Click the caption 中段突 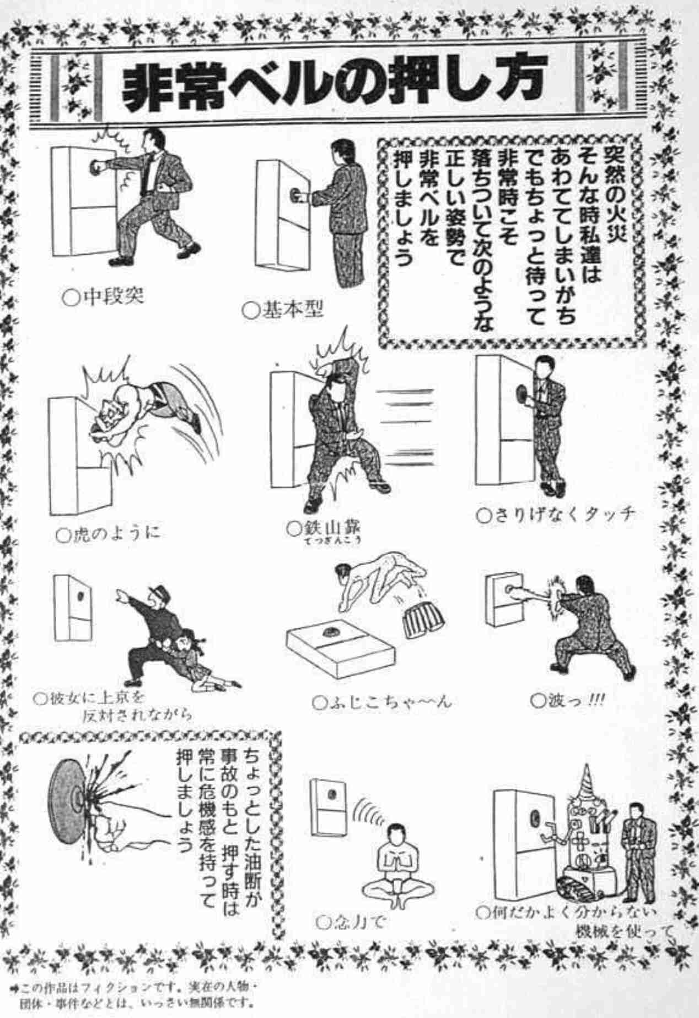tap(105, 297)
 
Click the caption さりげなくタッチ tap(557, 515)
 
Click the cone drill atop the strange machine tap(585, 782)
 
